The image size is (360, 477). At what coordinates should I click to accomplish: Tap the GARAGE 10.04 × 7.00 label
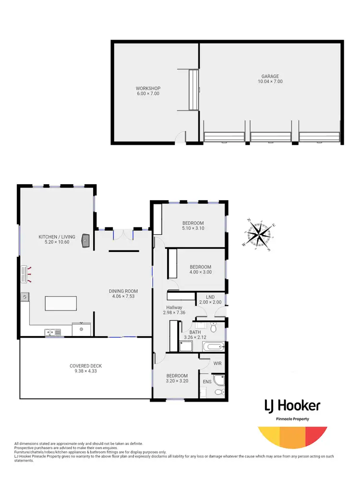click(x=270, y=79)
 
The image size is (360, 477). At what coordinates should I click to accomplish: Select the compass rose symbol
click(x=259, y=235)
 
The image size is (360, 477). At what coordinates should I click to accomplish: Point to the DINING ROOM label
click(x=123, y=294)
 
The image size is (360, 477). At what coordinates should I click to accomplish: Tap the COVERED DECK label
click(x=85, y=369)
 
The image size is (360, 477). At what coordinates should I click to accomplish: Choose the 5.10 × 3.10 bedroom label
click(x=193, y=226)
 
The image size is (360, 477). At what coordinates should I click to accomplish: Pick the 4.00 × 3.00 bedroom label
click(x=200, y=269)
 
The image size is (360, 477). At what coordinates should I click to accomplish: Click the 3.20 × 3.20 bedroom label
click(x=176, y=379)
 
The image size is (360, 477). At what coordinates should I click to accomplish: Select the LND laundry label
click(x=210, y=299)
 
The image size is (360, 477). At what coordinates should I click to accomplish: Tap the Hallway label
click(x=174, y=310)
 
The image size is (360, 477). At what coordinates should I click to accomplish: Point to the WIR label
click(x=217, y=364)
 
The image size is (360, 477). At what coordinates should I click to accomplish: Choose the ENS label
click(x=207, y=382)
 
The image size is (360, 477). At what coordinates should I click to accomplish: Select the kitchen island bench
click(x=61, y=304)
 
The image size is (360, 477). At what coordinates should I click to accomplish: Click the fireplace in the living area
click(x=86, y=240)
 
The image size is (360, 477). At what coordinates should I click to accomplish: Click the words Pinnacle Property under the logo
click(x=292, y=419)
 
